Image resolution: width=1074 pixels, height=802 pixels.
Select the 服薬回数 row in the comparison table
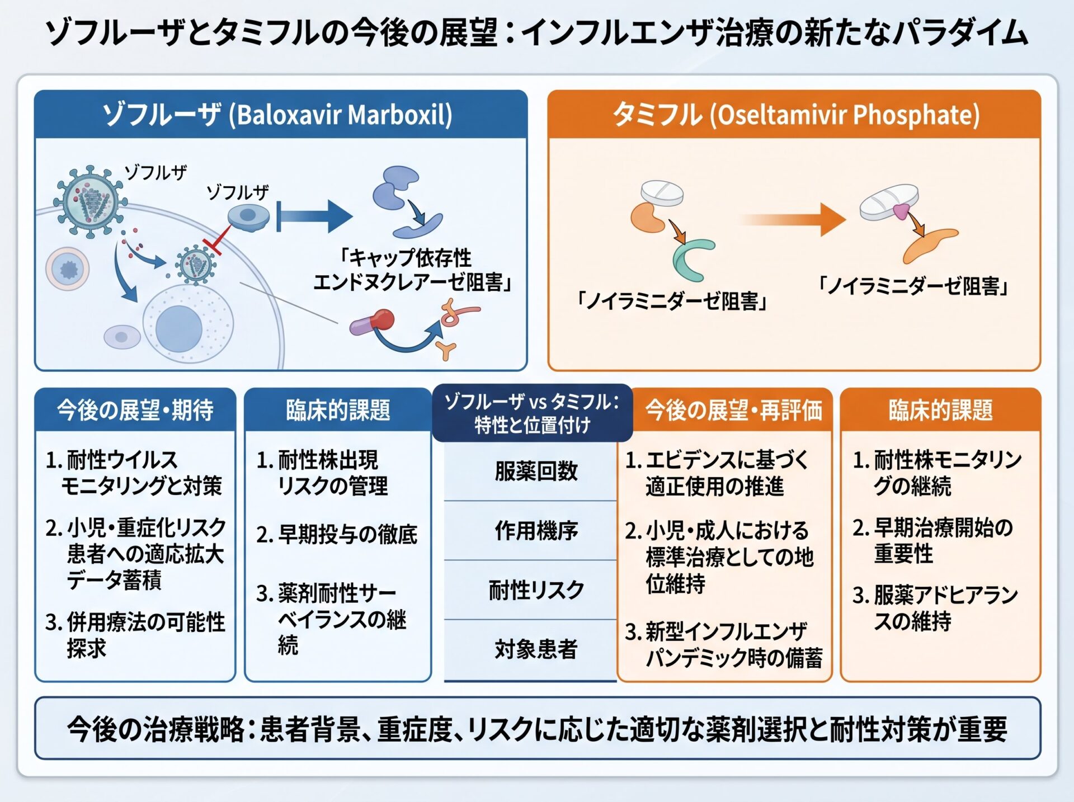click(535, 471)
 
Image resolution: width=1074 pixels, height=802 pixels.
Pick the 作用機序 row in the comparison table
click(535, 530)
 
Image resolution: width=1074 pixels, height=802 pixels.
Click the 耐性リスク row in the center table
click(535, 590)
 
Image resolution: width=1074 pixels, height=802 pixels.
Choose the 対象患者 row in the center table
click(535, 649)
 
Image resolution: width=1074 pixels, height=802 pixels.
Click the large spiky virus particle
click(89, 199)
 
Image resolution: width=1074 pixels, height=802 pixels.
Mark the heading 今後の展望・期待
click(135, 410)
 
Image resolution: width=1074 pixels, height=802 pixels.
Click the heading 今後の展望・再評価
click(733, 410)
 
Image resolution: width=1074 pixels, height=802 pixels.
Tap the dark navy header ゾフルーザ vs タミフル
click(532, 413)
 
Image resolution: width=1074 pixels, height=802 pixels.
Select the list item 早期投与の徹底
click(337, 535)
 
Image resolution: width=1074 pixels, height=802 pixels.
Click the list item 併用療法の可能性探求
click(135, 635)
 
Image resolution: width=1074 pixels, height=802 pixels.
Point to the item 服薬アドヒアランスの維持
click(935, 608)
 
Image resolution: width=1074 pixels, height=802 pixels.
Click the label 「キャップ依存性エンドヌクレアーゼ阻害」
click(413, 270)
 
